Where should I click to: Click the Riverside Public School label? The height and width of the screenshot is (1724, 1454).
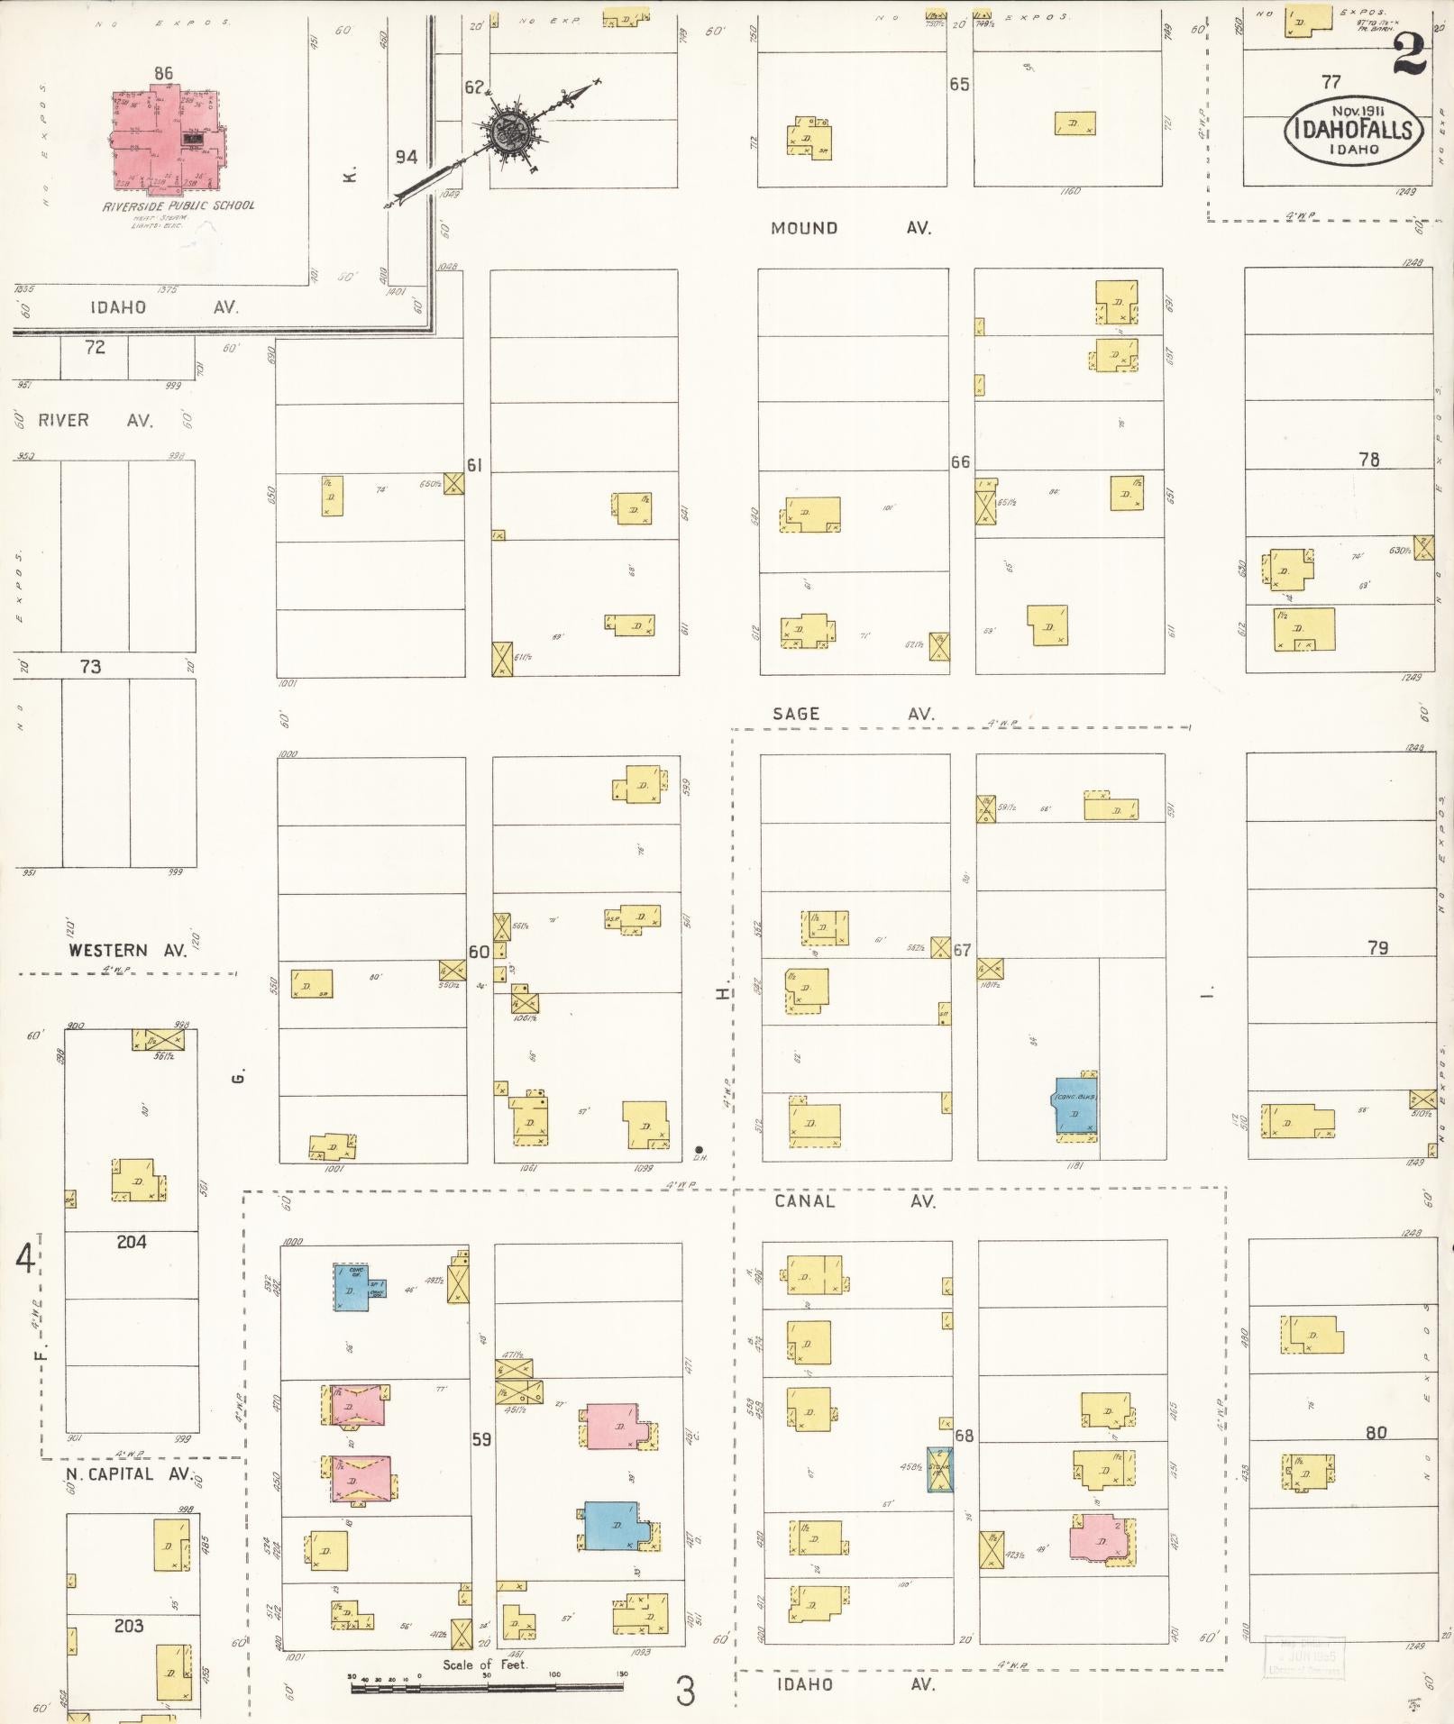178,205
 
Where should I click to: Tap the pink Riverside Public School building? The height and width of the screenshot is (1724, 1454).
162,140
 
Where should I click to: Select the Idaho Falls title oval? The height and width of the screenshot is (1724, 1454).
1354,131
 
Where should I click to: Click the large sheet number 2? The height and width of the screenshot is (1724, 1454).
1409,55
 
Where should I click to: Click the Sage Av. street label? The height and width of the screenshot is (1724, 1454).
851,714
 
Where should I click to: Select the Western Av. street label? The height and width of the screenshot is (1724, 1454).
127,950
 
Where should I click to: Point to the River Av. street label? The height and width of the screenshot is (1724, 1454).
95,420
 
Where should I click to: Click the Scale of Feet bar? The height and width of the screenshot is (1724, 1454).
488,1683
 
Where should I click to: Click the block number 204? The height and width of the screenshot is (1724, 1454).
132,1242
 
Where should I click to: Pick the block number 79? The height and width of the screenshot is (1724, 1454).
1377,947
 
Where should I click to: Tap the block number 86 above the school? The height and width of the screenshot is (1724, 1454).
163,73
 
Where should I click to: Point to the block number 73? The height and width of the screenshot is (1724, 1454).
90,666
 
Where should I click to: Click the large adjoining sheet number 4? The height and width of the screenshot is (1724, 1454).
24,1258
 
